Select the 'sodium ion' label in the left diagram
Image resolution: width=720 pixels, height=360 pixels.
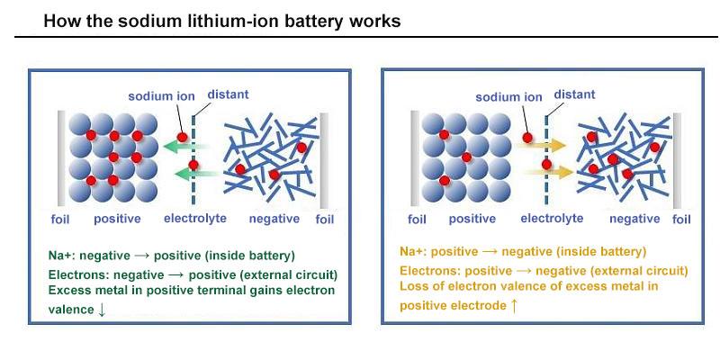point(158,96)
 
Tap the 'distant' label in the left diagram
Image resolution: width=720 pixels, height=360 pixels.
point(228,94)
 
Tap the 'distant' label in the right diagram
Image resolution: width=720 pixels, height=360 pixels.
point(574,94)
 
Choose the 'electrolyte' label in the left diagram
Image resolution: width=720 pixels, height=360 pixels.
point(195,219)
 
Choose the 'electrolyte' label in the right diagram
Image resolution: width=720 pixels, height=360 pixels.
point(552,219)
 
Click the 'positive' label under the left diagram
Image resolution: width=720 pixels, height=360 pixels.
point(118,219)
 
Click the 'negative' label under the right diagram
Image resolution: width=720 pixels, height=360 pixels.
point(634,219)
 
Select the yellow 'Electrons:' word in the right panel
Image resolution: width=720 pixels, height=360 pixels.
point(429,270)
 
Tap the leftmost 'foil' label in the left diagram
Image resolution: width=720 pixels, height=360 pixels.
point(59,219)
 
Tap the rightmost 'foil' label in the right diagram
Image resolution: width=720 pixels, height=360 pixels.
point(681,219)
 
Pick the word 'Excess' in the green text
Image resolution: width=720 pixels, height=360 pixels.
point(69,291)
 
